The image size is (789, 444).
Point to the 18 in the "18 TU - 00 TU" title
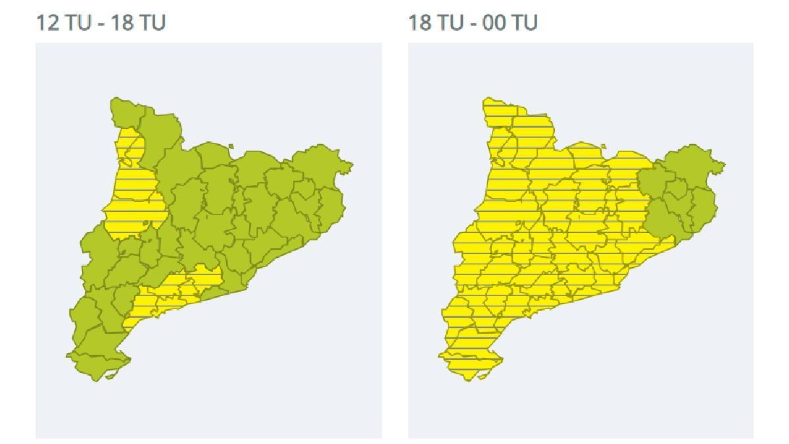coord(419,22)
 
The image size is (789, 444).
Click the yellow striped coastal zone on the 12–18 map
coord(171,293)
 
